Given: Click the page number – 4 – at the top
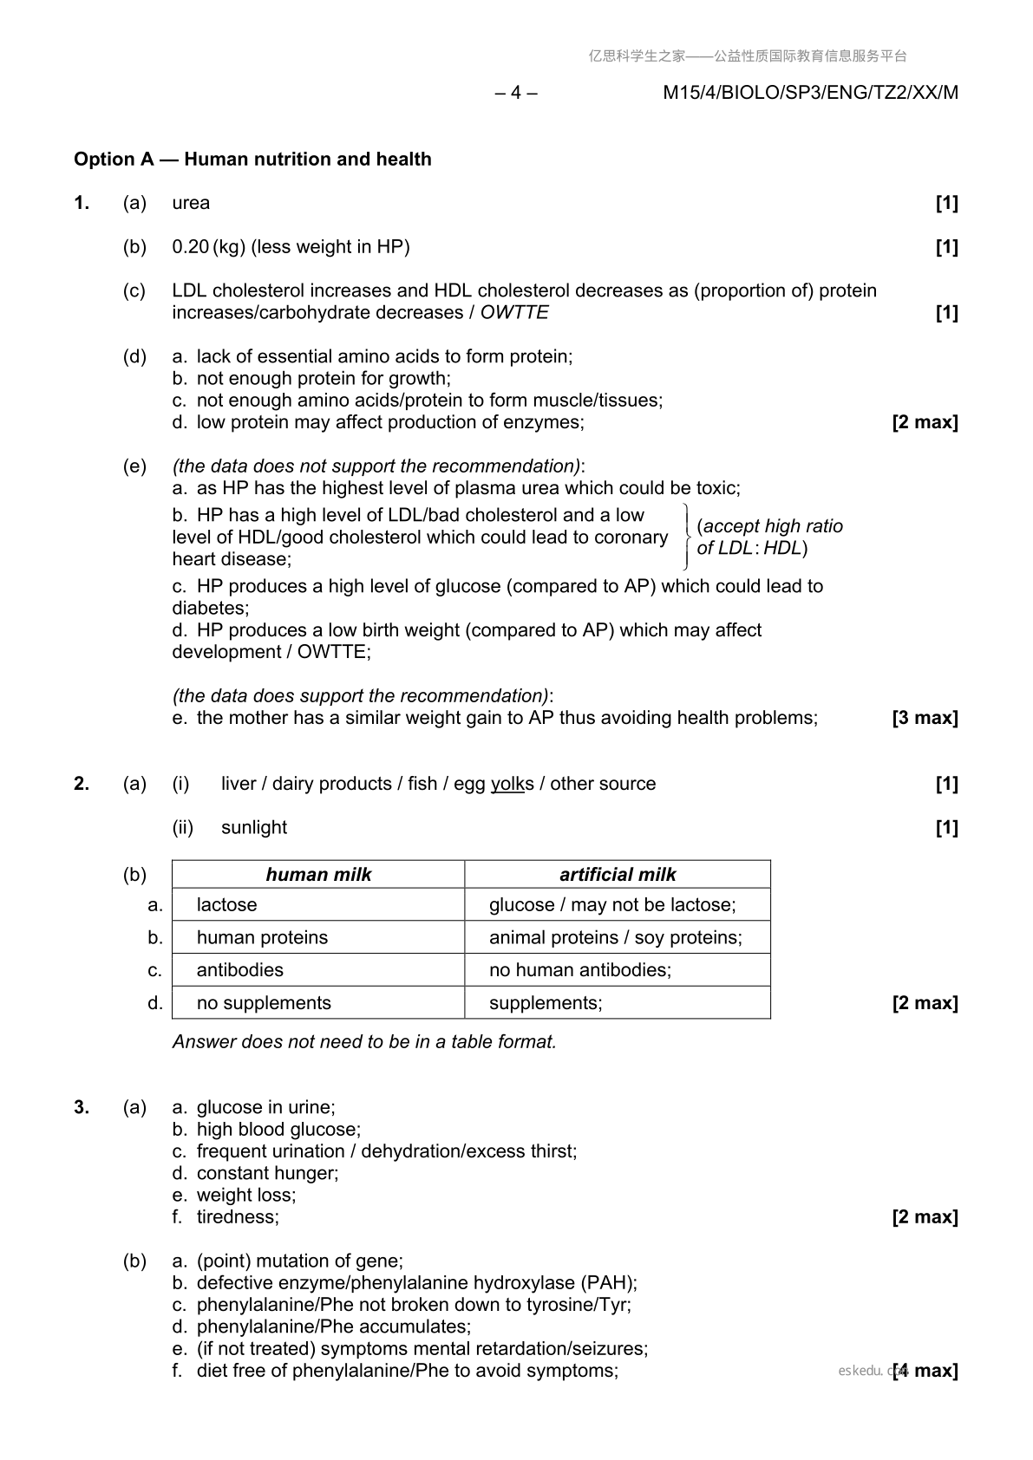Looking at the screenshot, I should click(516, 93).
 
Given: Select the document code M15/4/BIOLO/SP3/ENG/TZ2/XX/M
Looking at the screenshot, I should click(810, 93).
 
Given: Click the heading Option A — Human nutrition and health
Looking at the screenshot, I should click(252, 160).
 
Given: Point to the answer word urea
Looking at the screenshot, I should click(191, 203).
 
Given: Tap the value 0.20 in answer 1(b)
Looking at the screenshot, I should click(190, 247).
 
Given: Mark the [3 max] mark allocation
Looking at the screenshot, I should click(925, 718).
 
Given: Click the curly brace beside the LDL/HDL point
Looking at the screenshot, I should click(686, 537).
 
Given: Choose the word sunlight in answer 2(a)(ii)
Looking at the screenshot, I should click(254, 827).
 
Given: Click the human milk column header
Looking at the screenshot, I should click(318, 875).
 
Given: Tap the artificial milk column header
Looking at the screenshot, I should click(618, 875).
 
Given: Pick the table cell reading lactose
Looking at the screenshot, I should click(227, 905).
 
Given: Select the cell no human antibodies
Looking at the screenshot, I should click(580, 970).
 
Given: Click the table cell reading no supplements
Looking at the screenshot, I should click(264, 1003).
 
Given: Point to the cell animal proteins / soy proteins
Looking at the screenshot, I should click(615, 938).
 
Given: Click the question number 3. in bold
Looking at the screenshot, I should click(82, 1107).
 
